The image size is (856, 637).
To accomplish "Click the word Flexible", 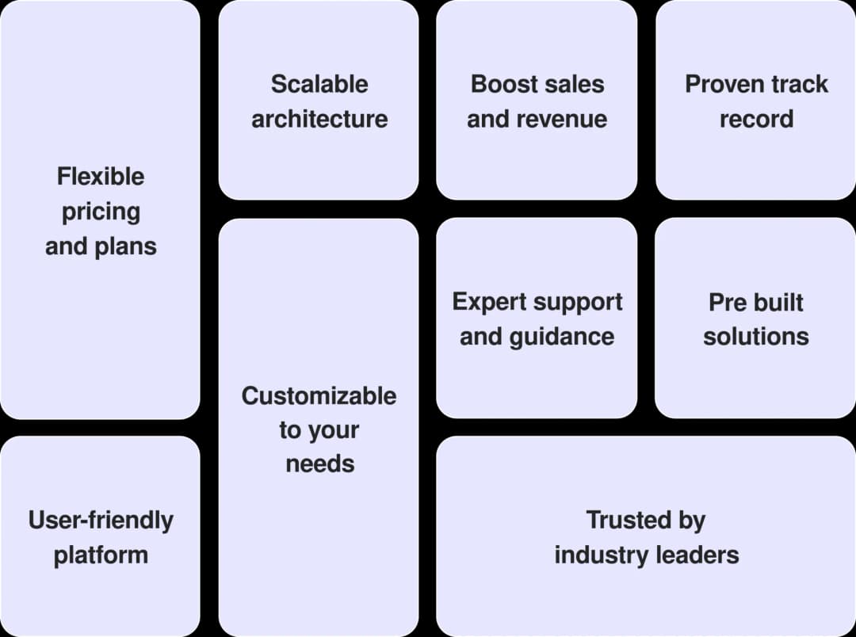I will click(x=101, y=176).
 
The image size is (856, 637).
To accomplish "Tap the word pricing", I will click(x=101, y=212).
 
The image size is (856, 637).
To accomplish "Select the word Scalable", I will click(x=319, y=84).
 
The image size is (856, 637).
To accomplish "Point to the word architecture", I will click(x=319, y=119).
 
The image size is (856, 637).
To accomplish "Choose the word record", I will click(x=756, y=119).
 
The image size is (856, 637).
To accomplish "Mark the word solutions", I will click(x=756, y=337).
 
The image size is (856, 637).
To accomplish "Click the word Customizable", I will click(x=319, y=395).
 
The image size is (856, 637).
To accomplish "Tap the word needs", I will click(x=319, y=463).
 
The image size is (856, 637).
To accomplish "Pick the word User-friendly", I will click(x=101, y=520).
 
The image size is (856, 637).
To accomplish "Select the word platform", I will click(x=101, y=555).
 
